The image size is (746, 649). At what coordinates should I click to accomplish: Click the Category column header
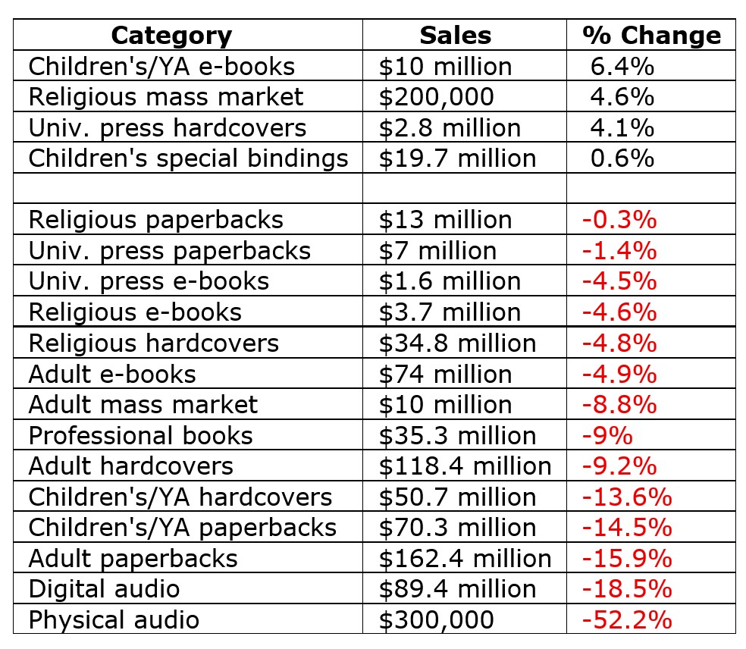(171, 35)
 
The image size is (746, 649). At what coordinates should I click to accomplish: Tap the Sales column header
(455, 35)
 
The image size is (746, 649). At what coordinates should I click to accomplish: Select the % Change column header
(651, 35)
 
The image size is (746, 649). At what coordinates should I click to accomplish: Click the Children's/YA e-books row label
(161, 66)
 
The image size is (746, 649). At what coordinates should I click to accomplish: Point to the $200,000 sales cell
(436, 97)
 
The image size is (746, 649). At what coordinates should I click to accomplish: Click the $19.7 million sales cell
(457, 158)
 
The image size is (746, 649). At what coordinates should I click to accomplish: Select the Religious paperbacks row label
(155, 220)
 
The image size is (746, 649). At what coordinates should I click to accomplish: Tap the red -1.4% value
(619, 250)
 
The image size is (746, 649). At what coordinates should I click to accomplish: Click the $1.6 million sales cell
(450, 281)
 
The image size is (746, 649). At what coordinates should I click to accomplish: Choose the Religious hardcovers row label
(154, 343)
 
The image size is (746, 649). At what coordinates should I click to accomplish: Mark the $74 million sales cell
(445, 374)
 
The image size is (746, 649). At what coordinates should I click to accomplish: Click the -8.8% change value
(619, 404)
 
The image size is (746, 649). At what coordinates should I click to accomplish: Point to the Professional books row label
(140, 435)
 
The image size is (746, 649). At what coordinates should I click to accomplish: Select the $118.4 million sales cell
(465, 466)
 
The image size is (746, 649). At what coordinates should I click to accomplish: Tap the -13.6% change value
(626, 497)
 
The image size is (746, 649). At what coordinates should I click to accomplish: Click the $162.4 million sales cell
(465, 558)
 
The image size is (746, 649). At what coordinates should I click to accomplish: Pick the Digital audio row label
(104, 588)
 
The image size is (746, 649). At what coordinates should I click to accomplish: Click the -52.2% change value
(626, 619)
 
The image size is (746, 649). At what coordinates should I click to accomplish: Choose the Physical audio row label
(114, 619)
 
